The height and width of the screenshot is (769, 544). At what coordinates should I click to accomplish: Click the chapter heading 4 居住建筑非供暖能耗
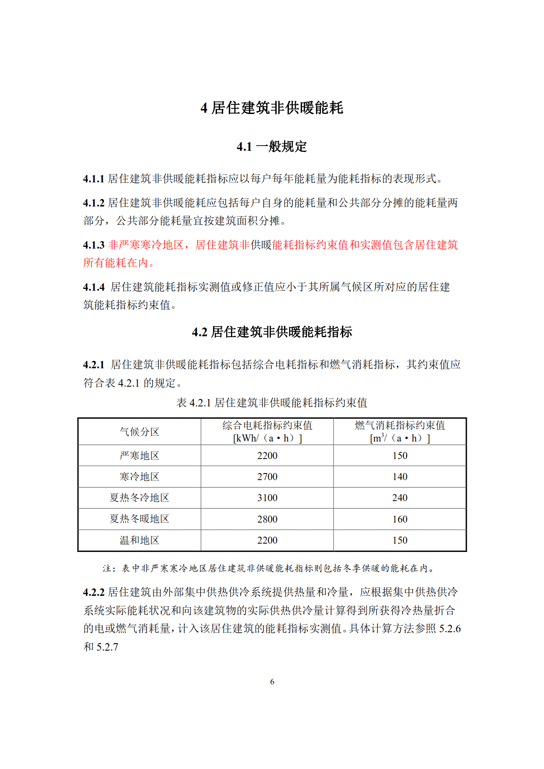[x=272, y=108]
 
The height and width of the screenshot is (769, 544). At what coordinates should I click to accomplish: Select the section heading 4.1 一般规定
[x=272, y=146]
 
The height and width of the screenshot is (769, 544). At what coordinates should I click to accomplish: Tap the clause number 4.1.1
[x=93, y=179]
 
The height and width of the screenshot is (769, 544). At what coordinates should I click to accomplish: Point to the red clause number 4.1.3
[x=93, y=245]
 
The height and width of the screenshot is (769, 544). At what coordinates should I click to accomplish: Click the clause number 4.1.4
[x=93, y=287]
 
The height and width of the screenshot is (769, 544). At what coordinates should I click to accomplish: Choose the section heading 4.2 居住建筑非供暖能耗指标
[x=272, y=332]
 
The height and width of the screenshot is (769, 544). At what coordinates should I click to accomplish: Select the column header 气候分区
[x=139, y=432]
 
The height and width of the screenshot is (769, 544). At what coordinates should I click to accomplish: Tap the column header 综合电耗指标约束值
[x=267, y=426]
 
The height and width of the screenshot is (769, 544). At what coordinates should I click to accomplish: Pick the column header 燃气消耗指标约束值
[x=400, y=426]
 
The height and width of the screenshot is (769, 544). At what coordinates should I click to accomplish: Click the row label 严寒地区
[x=139, y=456]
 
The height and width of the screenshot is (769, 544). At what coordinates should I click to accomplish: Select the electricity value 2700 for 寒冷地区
[x=267, y=477]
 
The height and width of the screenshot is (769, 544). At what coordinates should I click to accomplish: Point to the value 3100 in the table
[x=267, y=498]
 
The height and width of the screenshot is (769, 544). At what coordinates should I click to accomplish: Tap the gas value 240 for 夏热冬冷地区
[x=400, y=498]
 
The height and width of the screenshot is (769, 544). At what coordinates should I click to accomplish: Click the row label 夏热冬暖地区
[x=139, y=519]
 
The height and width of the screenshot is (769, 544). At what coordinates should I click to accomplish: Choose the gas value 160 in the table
[x=400, y=519]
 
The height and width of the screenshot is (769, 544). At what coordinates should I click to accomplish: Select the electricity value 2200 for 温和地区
[x=267, y=540]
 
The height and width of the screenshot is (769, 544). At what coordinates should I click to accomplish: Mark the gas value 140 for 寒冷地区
[x=400, y=477]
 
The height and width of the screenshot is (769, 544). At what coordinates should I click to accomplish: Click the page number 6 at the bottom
[x=272, y=682]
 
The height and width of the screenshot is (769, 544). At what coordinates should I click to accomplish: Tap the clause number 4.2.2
[x=93, y=593]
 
